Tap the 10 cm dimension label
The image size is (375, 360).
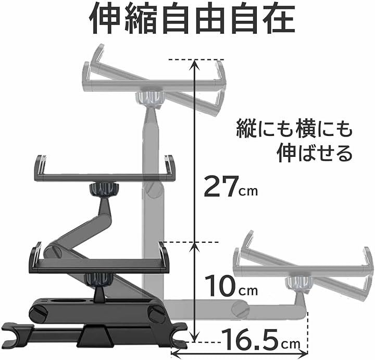(231, 285)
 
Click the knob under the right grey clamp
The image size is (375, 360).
(299, 284)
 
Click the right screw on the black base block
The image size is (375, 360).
(156, 314)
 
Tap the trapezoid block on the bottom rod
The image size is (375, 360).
(95, 335)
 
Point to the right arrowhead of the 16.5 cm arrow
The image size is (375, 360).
(303, 352)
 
